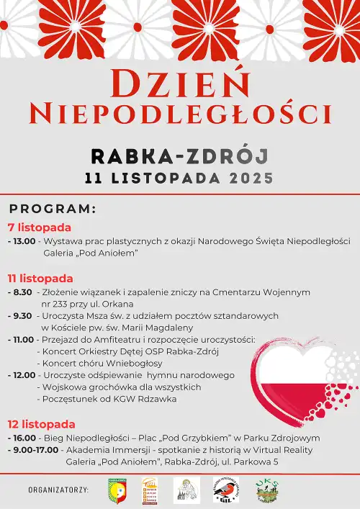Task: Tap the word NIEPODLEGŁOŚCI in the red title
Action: click(x=179, y=113)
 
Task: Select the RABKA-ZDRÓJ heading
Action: click(x=179, y=156)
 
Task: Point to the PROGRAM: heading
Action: click(x=53, y=209)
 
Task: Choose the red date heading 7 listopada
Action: click(x=39, y=228)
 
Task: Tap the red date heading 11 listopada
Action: click(x=40, y=278)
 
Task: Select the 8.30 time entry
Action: click(x=22, y=292)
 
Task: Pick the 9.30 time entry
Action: click(x=22, y=316)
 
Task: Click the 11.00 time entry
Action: click(x=23, y=340)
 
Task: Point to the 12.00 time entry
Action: click(x=23, y=375)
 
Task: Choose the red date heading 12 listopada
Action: click(x=41, y=424)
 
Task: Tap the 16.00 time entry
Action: click(x=23, y=438)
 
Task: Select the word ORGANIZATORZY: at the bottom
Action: click(x=58, y=490)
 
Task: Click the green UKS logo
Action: click(x=267, y=490)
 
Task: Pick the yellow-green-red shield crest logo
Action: click(x=117, y=490)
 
